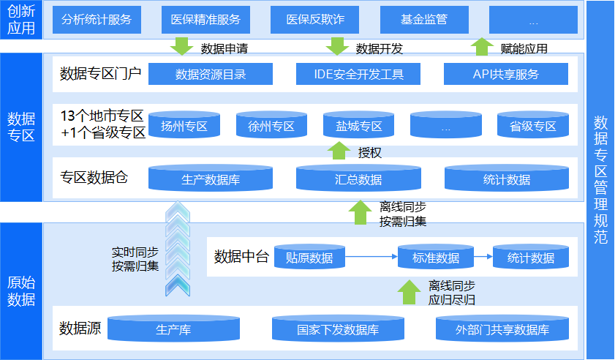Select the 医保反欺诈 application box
pos(315,20)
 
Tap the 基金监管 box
pos(424,20)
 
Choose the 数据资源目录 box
pos(211,74)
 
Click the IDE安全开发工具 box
pos(358,74)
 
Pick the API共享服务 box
pos(506,74)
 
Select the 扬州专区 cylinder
pos(184,126)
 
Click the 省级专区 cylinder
pos(533,126)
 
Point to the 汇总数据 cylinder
pos(358,179)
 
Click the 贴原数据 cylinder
pos(309,257)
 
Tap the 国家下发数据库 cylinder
pos(338,329)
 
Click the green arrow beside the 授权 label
pos(338,151)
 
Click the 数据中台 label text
pos(242,257)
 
